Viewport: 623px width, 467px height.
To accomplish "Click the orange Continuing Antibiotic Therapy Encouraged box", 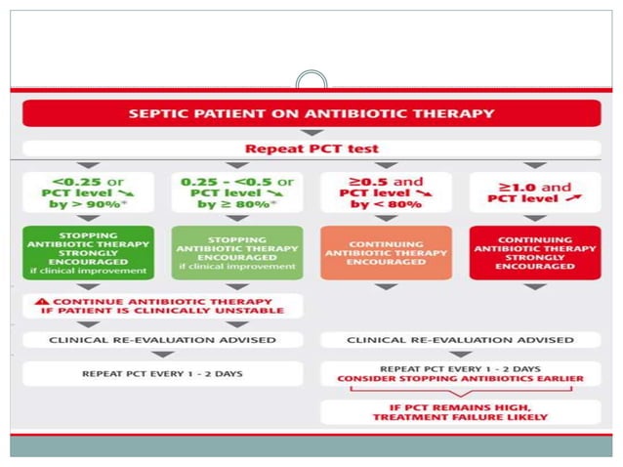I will pos(386,253).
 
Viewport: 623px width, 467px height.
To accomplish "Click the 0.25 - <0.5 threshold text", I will pos(224,181).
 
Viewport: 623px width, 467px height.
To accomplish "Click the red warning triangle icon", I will pos(40,302).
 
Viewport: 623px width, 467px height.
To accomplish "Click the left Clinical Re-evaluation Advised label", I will pos(162,339).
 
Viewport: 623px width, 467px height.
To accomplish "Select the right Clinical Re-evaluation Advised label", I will pos(459,339).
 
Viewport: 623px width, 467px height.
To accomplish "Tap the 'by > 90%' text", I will pos(83,207).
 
